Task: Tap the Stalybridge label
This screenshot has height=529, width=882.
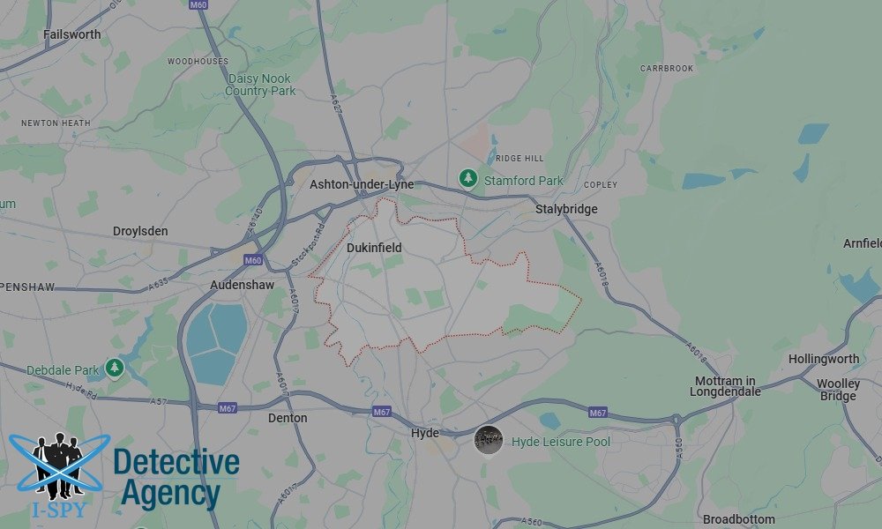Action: click(x=566, y=209)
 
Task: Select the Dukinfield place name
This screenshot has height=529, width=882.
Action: click(x=374, y=248)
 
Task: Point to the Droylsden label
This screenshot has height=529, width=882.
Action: click(x=140, y=231)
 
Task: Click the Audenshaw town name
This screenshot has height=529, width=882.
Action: click(x=242, y=286)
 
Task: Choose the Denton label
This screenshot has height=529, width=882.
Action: click(x=288, y=418)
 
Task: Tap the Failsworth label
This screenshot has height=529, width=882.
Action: click(x=72, y=34)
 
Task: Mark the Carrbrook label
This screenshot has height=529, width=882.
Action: click(x=667, y=68)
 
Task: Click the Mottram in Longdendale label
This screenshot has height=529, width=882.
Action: click(x=726, y=386)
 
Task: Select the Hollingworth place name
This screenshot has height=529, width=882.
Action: click(x=824, y=359)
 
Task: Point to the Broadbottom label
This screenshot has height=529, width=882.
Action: click(x=739, y=519)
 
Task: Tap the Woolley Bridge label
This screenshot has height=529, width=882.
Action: click(x=837, y=390)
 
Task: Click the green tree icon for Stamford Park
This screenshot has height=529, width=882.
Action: click(x=467, y=179)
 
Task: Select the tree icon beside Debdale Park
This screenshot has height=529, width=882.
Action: click(x=114, y=368)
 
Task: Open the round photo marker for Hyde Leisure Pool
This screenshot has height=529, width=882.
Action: click(x=489, y=439)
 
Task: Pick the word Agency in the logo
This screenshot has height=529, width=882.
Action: click(x=170, y=494)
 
